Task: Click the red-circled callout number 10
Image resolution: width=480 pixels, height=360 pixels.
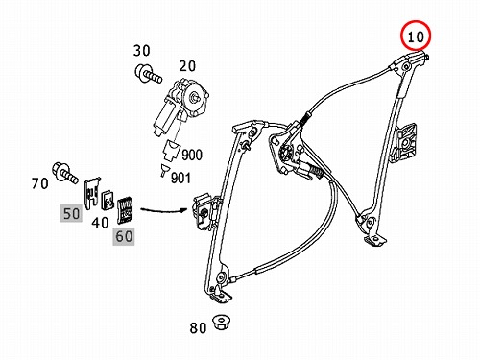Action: [x=416, y=36]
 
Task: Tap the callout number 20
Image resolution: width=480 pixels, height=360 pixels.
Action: [x=187, y=66]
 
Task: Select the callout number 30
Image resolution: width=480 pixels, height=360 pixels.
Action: [x=141, y=51]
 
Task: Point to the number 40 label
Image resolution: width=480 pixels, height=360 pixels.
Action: [x=100, y=222]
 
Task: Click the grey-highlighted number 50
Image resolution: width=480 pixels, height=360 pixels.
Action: [x=71, y=214]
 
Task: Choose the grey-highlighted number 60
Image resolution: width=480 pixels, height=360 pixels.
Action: [x=124, y=236]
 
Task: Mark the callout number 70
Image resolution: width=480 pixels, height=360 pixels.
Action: [x=40, y=183]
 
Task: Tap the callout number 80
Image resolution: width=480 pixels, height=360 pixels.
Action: [x=198, y=328]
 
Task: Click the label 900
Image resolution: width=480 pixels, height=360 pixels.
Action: [x=192, y=155]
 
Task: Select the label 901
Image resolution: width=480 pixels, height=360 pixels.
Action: [x=180, y=179]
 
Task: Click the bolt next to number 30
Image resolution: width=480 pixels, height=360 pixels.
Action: [x=148, y=74]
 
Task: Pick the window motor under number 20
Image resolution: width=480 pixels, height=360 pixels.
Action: [x=180, y=107]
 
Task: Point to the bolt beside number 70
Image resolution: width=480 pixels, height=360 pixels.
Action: [x=65, y=173]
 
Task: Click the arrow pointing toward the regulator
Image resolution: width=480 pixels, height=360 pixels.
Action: [x=164, y=210]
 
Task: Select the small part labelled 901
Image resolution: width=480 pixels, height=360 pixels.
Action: [x=164, y=170]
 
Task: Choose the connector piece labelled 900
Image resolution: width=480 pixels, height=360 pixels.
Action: [x=171, y=150]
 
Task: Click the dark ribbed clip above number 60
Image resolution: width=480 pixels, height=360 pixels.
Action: [x=125, y=209]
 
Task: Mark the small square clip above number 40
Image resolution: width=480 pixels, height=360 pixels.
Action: [x=108, y=201]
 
